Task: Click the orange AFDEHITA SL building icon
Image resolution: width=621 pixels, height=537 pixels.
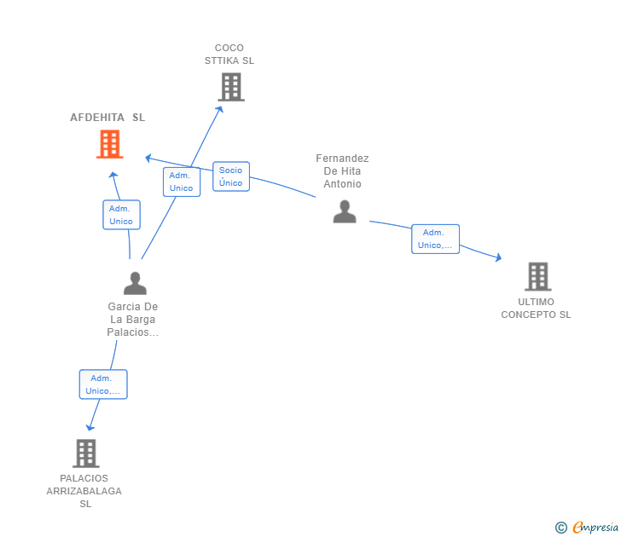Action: pos(109,144)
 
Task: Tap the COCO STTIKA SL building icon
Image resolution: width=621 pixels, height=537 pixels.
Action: pos(230,87)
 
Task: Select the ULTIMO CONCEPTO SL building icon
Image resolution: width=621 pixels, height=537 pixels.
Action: pos(537,276)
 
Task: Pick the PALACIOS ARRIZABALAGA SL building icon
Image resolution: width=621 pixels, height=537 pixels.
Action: pos(85,453)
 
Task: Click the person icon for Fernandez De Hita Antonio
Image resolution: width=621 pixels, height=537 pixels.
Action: pos(345,211)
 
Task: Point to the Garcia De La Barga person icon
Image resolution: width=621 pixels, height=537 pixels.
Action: pos(135,283)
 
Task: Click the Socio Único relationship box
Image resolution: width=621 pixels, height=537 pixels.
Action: pos(230,176)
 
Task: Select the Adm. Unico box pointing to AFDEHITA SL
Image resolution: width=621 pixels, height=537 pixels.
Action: pos(121,215)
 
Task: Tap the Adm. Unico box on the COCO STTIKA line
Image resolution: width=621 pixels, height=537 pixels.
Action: pos(181,182)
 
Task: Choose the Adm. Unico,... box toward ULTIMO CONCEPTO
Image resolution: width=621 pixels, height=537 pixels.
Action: pos(435,239)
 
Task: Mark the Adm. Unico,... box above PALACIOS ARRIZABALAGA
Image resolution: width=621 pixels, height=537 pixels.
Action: pos(103,384)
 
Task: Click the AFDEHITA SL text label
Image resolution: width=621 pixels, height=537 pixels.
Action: pos(107,118)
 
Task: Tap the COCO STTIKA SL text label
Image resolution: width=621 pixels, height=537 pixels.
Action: pos(229,55)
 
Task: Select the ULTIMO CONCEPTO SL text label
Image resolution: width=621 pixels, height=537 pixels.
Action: pos(536,308)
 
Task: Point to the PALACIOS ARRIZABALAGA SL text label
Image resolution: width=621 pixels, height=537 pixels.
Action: pos(84,491)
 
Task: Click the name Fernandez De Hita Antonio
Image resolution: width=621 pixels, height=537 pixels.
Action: pos(342,171)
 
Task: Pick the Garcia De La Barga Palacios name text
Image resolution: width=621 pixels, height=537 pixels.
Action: pos(133,320)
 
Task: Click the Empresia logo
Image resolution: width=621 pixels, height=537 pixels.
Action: pos(589,527)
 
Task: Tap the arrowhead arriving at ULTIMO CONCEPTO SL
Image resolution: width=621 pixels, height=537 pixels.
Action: pos(499,257)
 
